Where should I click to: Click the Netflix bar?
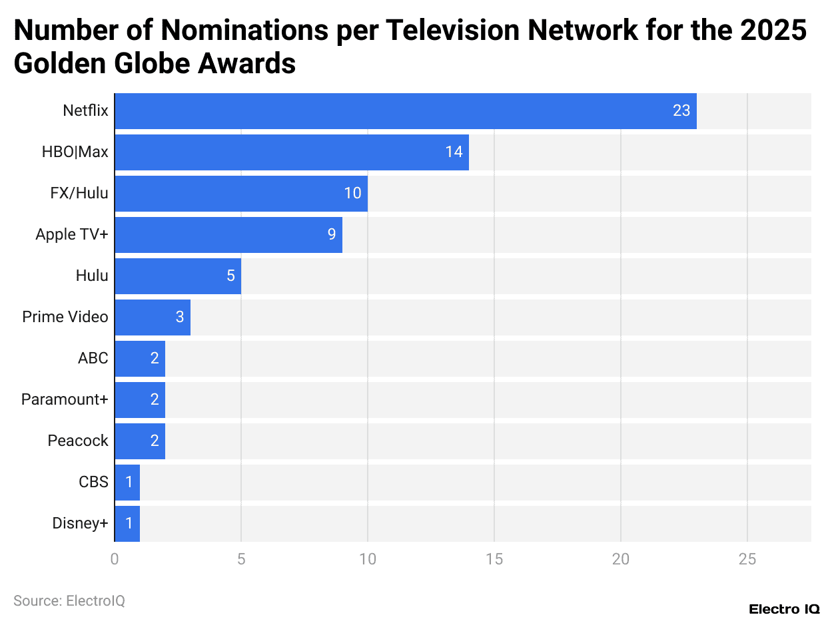tap(405, 111)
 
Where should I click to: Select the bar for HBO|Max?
tap(292, 152)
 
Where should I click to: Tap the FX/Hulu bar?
tap(241, 194)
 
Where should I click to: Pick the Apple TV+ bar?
tap(228, 235)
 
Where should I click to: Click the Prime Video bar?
tap(153, 317)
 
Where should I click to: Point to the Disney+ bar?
tap(127, 523)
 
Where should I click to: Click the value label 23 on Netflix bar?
tap(681, 111)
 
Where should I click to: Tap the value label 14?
tap(454, 152)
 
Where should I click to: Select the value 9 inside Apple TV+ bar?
tap(332, 235)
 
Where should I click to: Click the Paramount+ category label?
tap(65, 399)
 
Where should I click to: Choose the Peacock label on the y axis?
tap(78, 441)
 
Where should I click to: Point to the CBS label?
tap(93, 482)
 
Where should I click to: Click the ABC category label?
tap(93, 358)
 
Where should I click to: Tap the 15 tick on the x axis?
tap(494, 560)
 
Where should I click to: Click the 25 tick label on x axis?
tap(747, 560)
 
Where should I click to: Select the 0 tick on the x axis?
tap(115, 560)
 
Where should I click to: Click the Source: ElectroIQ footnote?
tap(69, 601)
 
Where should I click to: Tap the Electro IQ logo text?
tap(784, 609)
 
